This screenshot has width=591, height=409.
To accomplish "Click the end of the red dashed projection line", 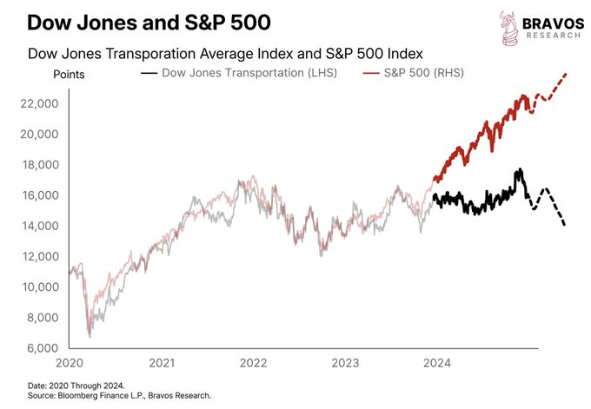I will [x=567, y=74].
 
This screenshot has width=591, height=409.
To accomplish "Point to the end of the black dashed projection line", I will [x=565, y=226].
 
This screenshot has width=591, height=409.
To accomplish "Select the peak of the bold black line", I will [x=519, y=169].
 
